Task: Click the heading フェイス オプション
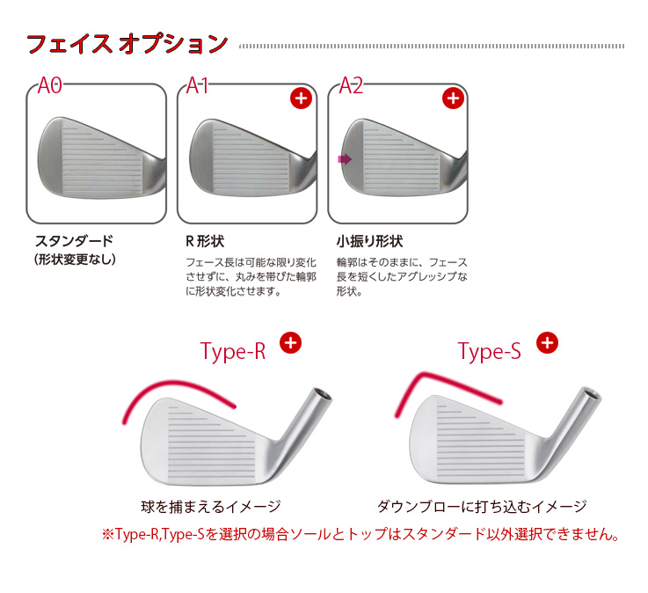coord(127,43)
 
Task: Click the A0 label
coord(49,85)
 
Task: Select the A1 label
coord(197,85)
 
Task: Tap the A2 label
coord(351,85)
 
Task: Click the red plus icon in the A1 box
coord(301,99)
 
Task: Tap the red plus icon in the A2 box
coord(453,99)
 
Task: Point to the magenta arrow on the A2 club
coord(345,159)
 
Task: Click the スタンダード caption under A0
coord(75,241)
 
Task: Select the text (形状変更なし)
coord(75,260)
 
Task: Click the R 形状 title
coord(205,241)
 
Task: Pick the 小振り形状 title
coord(369,241)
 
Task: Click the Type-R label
coord(233,352)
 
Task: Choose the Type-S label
coord(490,352)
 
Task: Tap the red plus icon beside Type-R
coord(290,343)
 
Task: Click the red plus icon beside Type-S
coord(547,343)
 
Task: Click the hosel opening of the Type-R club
coord(322,394)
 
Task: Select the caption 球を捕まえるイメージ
coord(211,507)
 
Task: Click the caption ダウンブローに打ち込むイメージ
coord(482,507)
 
